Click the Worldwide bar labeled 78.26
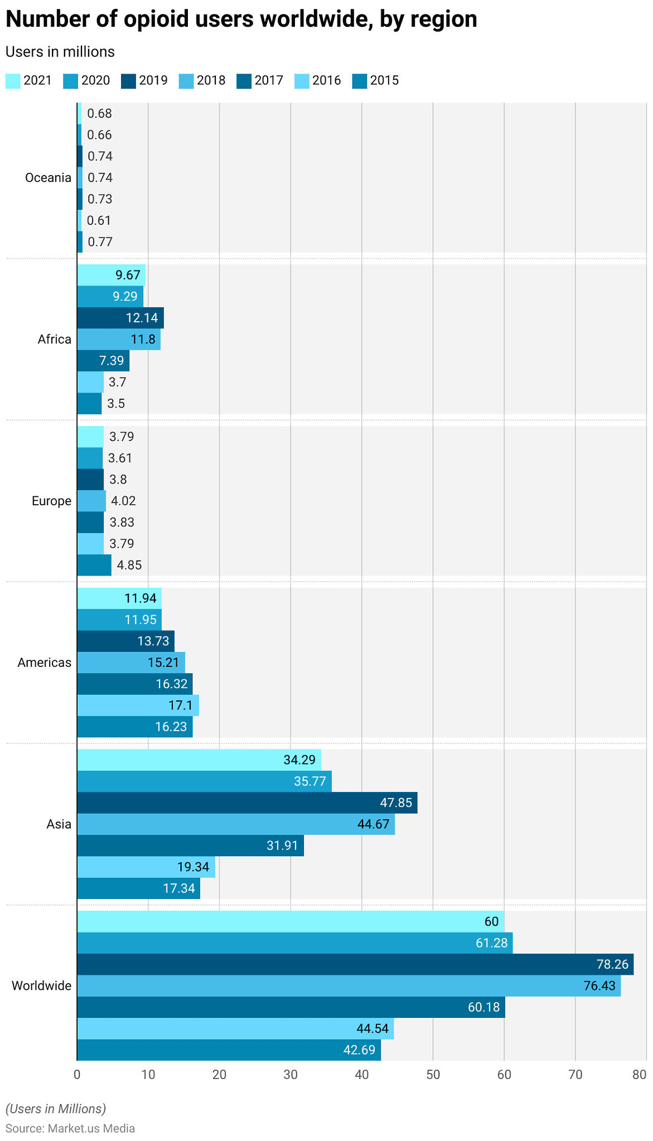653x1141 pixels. click(355, 964)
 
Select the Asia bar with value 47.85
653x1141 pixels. click(246, 802)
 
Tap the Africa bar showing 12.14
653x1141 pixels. click(120, 318)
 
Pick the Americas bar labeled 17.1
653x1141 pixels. click(137, 705)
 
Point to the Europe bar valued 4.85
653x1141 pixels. click(94, 565)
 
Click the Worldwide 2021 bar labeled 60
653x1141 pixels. click(290, 921)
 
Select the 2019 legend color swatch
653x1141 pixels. click(128, 81)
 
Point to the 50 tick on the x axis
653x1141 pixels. click(433, 1075)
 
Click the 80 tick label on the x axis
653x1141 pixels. click(640, 1075)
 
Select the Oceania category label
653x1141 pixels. click(48, 178)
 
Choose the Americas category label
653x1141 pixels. click(44, 663)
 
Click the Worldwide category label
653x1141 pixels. click(41, 985)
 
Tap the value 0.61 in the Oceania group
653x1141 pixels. click(99, 221)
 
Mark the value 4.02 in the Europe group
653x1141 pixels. click(123, 501)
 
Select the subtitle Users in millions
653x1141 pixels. click(60, 52)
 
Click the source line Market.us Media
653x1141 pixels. click(70, 1128)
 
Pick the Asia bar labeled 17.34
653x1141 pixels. click(138, 888)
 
